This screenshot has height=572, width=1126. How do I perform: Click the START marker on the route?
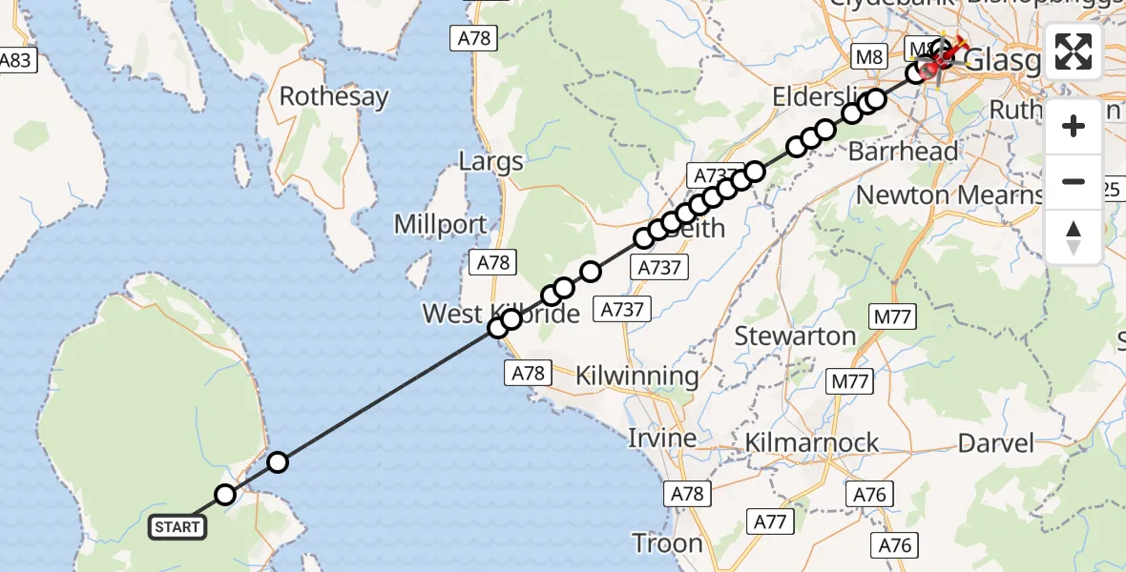point(177,526)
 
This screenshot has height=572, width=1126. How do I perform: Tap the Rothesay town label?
point(334,96)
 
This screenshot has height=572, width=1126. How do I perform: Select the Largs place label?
point(490,160)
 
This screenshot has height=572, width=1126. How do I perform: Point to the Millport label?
point(441,225)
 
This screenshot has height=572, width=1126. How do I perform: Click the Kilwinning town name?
point(636,376)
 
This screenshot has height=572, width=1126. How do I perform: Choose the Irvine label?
point(660,439)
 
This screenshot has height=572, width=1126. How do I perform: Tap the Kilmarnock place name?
point(811,442)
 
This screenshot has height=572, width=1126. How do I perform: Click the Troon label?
point(667,543)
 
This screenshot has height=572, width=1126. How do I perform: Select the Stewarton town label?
point(795,336)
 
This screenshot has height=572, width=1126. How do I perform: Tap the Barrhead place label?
point(903,152)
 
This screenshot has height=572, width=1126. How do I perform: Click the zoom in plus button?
point(1074,126)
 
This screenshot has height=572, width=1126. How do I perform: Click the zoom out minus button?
point(1074,181)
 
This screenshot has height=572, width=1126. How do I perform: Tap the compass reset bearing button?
point(1074,236)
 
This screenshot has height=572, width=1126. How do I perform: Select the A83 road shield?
point(16,61)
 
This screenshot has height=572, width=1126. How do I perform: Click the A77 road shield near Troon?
point(771,521)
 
